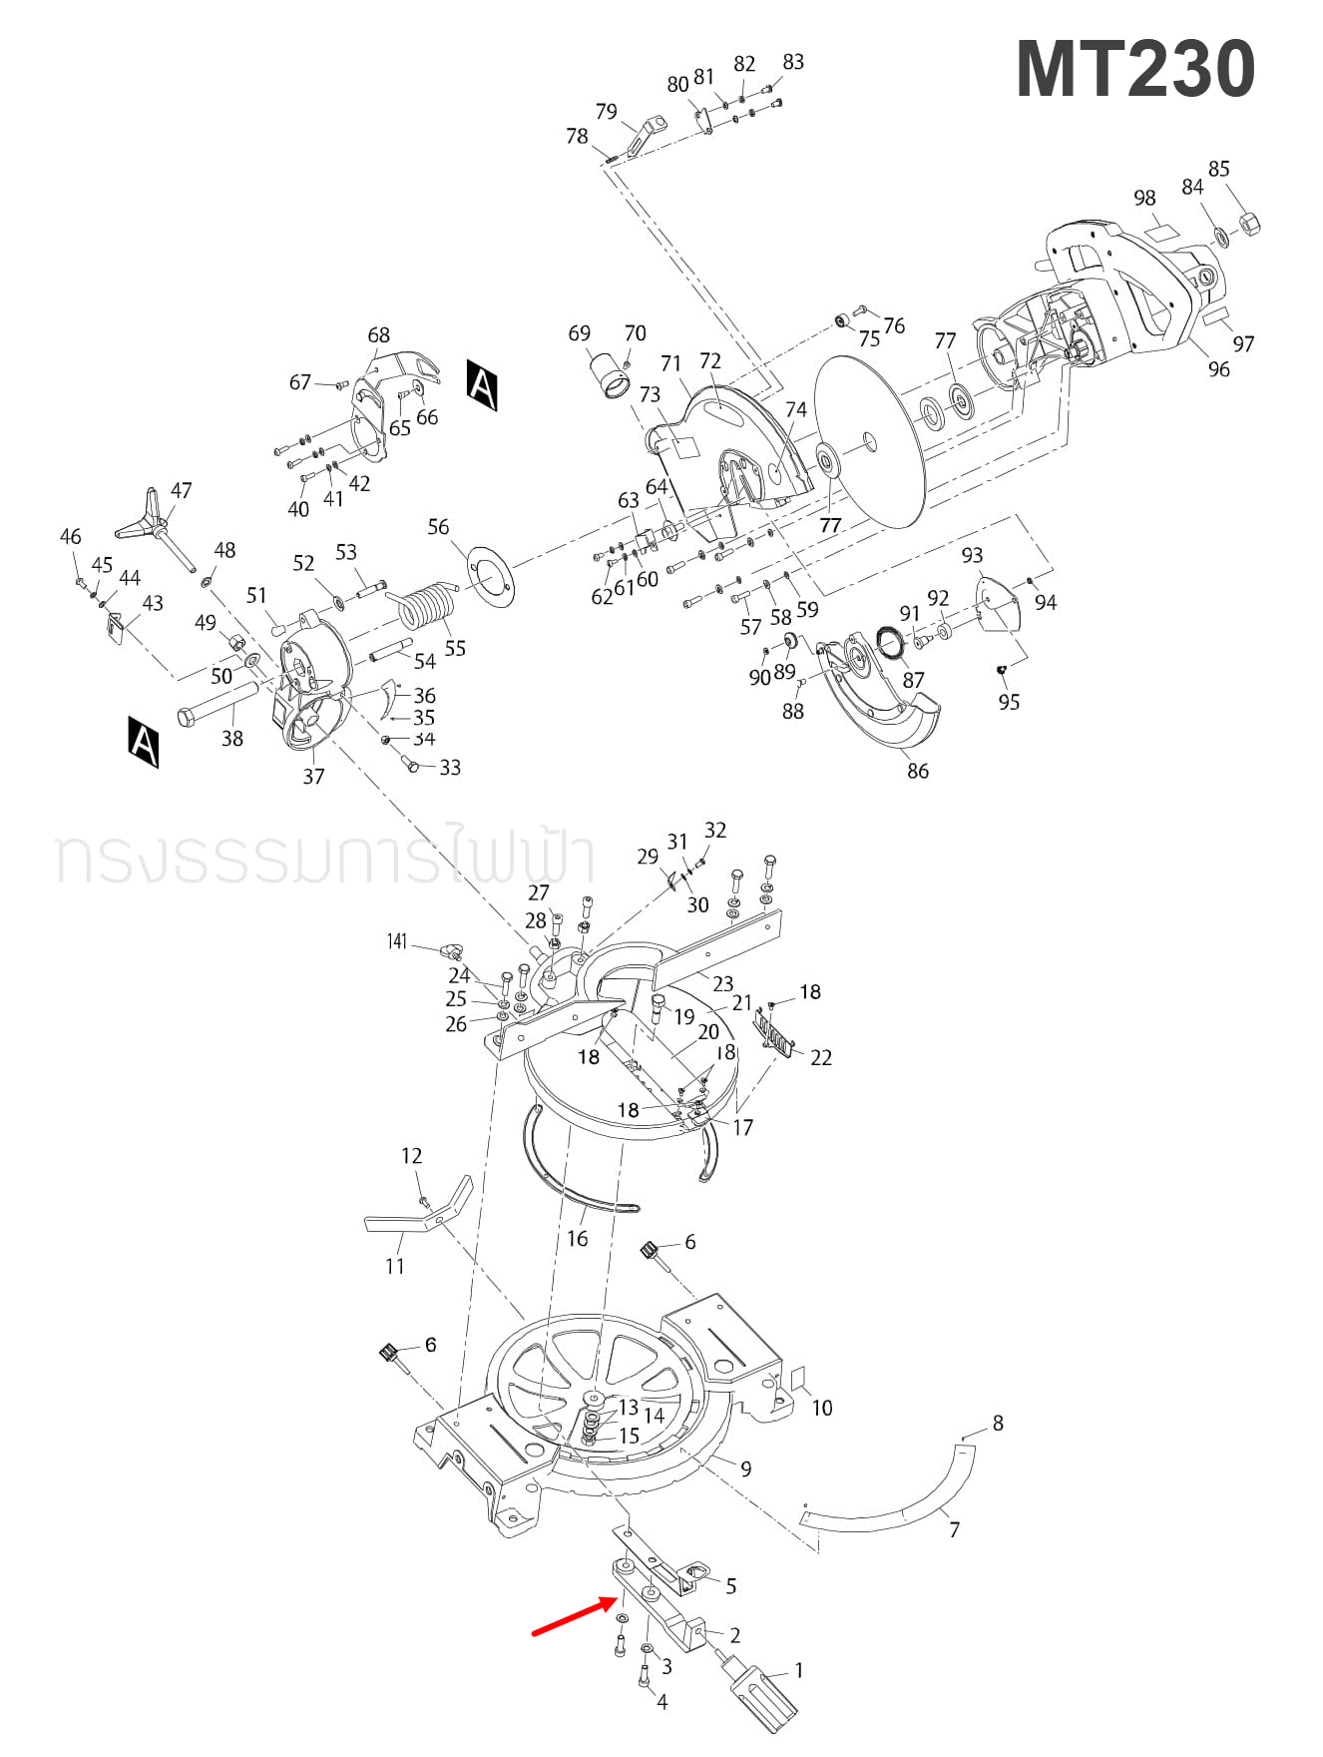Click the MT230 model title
click(1134, 70)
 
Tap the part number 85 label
click(1218, 169)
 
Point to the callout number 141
click(397, 941)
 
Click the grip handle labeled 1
click(765, 1691)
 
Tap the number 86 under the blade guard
click(917, 771)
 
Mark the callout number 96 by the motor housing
click(1218, 369)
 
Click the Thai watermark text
click(325, 856)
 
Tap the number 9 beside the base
click(745, 1468)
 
